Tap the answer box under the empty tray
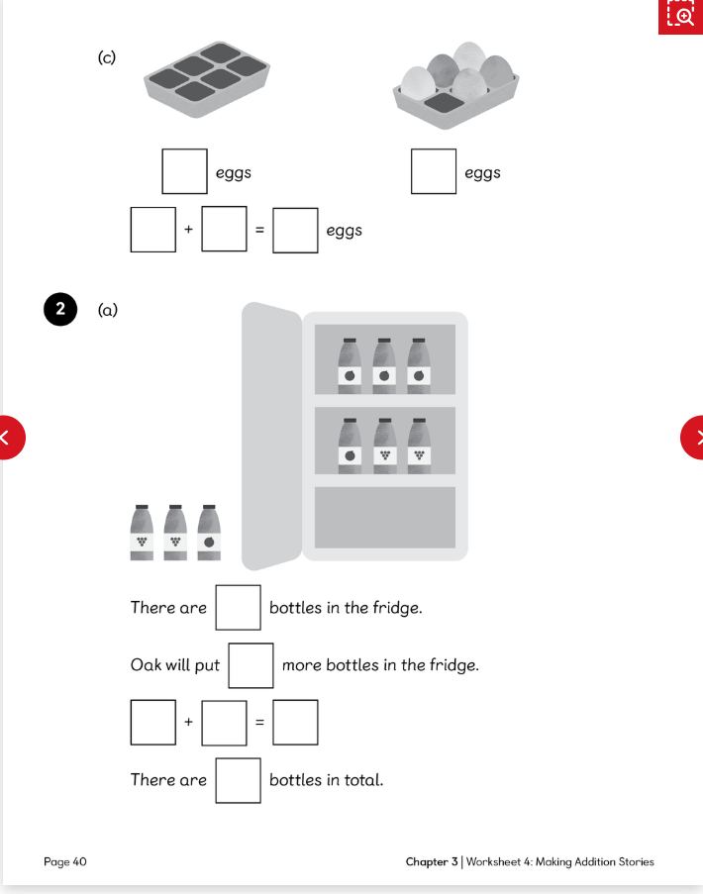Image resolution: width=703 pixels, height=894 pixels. point(185,171)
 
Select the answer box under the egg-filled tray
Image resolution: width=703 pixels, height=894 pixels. point(434,171)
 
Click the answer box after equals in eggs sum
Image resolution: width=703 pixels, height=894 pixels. point(296,230)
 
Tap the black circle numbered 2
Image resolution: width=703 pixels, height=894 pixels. point(60,310)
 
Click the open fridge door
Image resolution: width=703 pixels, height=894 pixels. point(270,436)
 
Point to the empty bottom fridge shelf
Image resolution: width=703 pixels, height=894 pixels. point(385,517)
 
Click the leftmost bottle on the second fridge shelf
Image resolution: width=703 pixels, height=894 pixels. point(350,445)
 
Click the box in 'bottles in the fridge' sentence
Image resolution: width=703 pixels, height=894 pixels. point(239,607)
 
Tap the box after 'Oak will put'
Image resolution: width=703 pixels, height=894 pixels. point(251,665)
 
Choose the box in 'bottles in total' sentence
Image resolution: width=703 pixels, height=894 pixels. point(239,780)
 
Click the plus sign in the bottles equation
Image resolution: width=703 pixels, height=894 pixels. point(186,723)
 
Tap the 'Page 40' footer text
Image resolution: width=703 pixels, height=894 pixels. point(65,861)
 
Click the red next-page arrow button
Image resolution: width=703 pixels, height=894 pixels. point(695,437)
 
